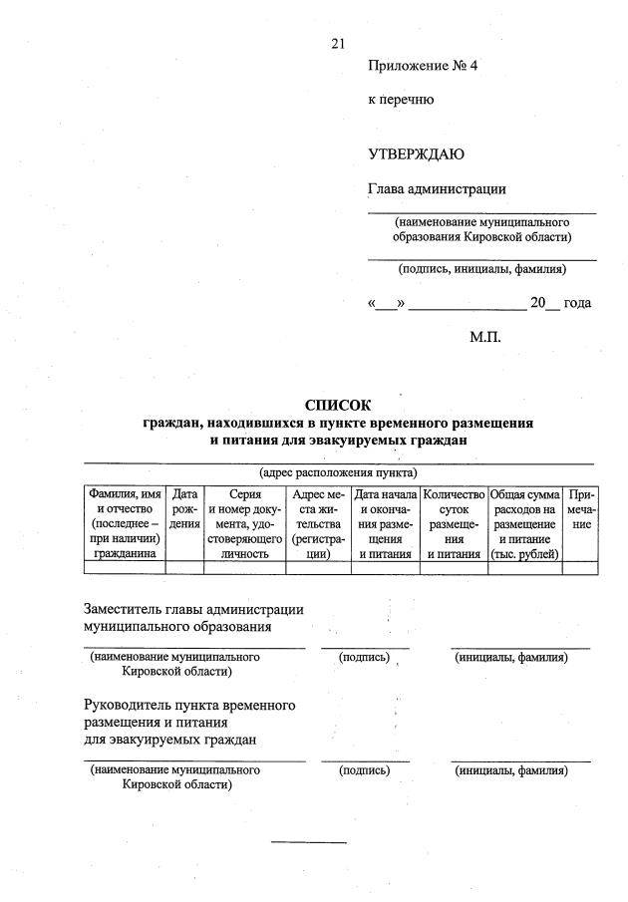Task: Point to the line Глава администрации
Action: point(437,188)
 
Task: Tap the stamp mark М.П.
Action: point(485,337)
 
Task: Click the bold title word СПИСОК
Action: point(337,405)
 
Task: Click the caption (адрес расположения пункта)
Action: point(338,472)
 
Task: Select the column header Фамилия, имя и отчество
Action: point(125,524)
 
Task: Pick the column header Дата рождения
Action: point(184,509)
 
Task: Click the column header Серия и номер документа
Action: point(244,524)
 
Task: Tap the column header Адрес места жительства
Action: point(318,524)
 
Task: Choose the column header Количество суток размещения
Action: point(454,524)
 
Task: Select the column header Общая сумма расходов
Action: point(524,524)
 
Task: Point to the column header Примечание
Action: point(580,509)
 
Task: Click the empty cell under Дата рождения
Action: point(184,568)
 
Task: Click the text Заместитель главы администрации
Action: point(193,609)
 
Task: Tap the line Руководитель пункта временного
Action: point(189,705)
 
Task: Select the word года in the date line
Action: point(577,303)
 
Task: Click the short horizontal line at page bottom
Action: point(309,843)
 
